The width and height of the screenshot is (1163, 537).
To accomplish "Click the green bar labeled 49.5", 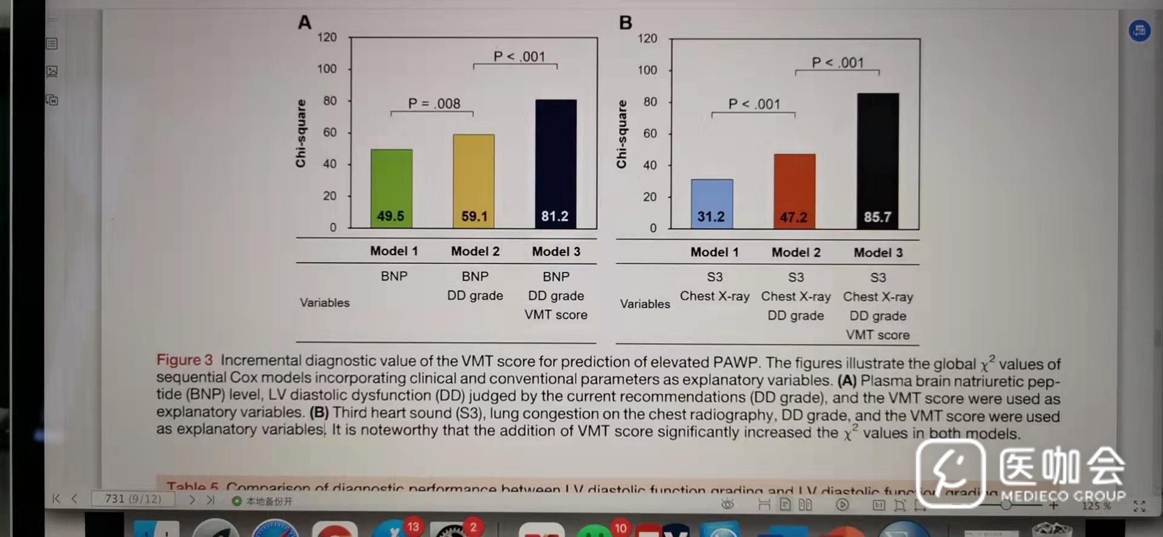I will pyautogui.click(x=391, y=188).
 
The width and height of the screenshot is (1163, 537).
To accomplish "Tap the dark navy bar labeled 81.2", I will pyautogui.click(x=555, y=163).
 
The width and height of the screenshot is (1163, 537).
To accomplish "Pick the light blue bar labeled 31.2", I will pyautogui.click(x=712, y=203).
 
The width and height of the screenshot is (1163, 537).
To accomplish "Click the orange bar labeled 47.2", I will pyautogui.click(x=794, y=191).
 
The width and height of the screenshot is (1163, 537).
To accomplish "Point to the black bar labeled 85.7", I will pyautogui.click(x=878, y=160).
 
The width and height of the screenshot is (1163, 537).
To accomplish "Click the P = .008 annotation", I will pyautogui.click(x=434, y=104).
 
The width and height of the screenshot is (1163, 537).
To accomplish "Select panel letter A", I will pyautogui.click(x=305, y=22).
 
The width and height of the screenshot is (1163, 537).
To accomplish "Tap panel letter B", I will pyautogui.click(x=626, y=23).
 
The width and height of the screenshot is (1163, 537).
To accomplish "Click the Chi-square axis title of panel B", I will pyautogui.click(x=621, y=134).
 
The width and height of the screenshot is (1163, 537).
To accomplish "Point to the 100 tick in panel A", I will pyautogui.click(x=327, y=68).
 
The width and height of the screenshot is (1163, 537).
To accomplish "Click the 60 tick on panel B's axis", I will pyautogui.click(x=650, y=133).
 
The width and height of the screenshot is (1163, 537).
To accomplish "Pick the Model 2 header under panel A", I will pyautogui.click(x=475, y=251).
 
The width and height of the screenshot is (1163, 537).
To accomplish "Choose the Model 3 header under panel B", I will pyautogui.click(x=878, y=252).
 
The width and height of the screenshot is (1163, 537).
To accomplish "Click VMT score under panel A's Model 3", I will pyautogui.click(x=555, y=315).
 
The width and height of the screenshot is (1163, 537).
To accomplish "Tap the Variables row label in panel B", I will pyautogui.click(x=644, y=304).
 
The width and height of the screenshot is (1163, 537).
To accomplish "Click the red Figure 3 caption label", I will pyautogui.click(x=184, y=360).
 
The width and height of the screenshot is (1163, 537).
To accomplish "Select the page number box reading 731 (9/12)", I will pyautogui.click(x=133, y=499).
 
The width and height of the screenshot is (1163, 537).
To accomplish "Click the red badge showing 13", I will pyautogui.click(x=413, y=526).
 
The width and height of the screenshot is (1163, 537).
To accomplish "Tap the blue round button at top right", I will pyautogui.click(x=1139, y=30).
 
